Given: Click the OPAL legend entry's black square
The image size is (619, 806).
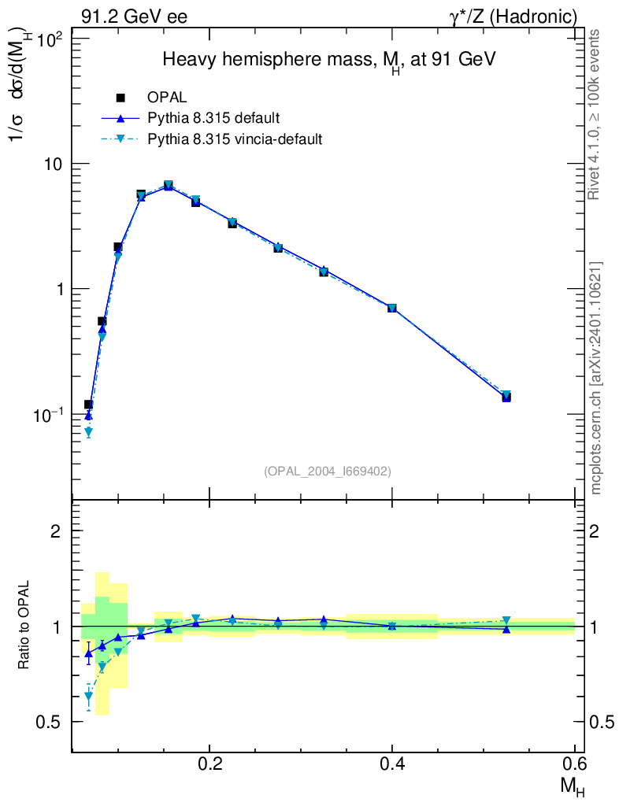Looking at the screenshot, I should click(x=120, y=98).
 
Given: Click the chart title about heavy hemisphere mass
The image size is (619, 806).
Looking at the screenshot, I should click(x=328, y=61).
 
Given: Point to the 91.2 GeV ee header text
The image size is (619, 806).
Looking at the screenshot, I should click(x=134, y=17).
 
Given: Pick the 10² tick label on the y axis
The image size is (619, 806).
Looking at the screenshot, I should click(x=50, y=39).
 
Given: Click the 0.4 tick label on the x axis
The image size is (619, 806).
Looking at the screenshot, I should click(x=392, y=764).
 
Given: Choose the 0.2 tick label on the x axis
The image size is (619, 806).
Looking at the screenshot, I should click(x=209, y=764).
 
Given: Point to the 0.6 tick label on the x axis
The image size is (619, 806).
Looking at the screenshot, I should click(x=575, y=764).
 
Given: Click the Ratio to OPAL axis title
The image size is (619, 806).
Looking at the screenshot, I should click(x=24, y=627).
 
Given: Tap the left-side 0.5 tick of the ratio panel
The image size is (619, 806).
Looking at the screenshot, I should click(x=51, y=722).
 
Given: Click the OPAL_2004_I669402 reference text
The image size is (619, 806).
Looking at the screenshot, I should click(x=328, y=471).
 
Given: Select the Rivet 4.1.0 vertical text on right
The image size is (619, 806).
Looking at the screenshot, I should click(x=595, y=115).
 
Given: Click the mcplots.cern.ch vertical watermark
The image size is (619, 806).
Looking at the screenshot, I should click(x=596, y=378).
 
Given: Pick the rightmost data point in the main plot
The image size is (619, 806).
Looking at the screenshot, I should click(x=506, y=396).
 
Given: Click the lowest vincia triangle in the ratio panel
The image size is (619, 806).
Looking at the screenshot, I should click(x=88, y=697).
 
